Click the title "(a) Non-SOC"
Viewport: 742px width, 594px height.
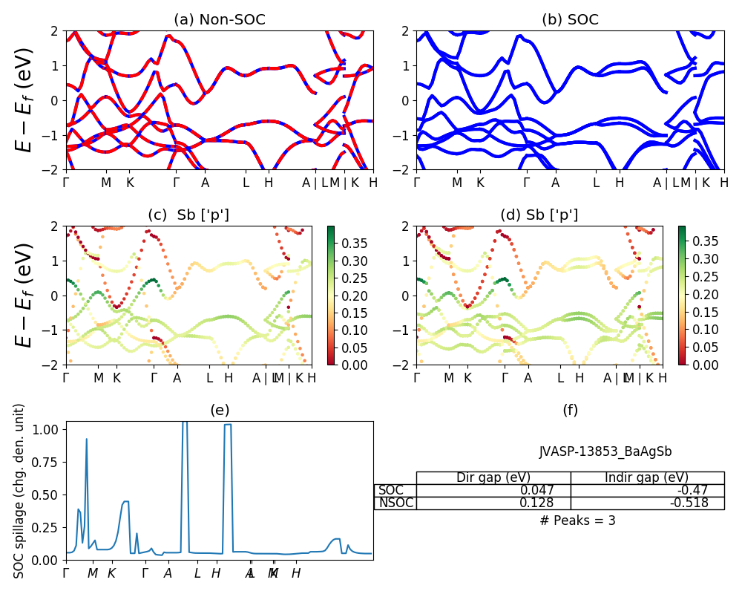click(219, 20)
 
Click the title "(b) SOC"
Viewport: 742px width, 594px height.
click(570, 20)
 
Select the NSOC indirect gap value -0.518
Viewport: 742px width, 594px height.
click(689, 503)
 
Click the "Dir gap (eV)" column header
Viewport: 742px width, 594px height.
click(493, 477)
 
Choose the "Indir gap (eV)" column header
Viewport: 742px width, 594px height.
click(647, 477)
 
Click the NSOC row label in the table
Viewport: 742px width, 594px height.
click(395, 503)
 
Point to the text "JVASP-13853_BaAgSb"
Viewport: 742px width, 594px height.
click(605, 451)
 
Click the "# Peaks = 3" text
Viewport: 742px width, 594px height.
click(578, 520)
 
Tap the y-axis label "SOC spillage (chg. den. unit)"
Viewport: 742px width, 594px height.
click(20, 491)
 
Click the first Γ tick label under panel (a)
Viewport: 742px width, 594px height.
click(67, 182)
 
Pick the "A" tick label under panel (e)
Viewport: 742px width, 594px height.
click(168, 573)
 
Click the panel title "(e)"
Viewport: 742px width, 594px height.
click(219, 410)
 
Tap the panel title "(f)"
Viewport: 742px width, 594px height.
click(570, 410)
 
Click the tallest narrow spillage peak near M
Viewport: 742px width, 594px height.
click(87, 440)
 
